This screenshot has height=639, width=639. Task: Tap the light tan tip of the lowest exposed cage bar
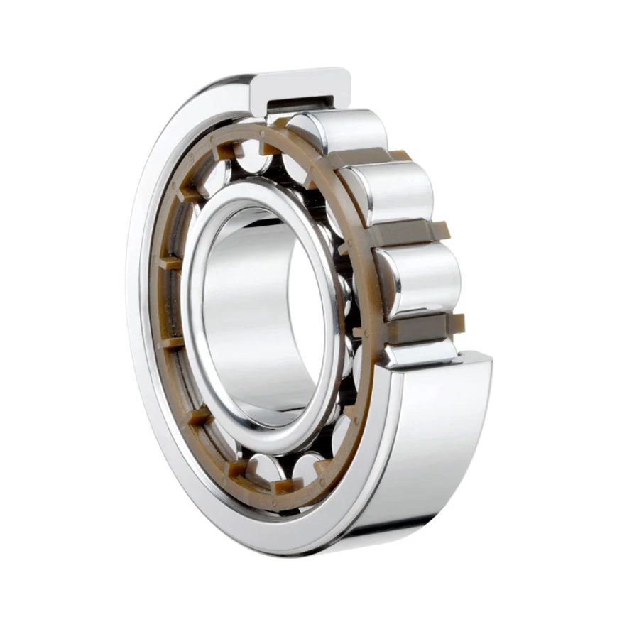coord(457,323)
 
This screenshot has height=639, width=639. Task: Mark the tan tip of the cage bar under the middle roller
coord(442,229)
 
